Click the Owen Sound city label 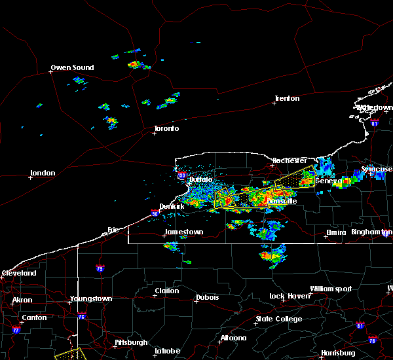click(72, 67)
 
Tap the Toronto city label click(166, 128)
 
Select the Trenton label click(287, 98)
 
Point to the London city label click(43, 173)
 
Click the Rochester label click(290, 160)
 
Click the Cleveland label click(18, 272)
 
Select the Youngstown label click(91, 298)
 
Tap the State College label click(279, 319)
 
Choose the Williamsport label click(331, 289)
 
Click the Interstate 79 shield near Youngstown click(100, 268)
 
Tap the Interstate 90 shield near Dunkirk click(155, 213)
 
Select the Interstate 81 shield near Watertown click(375, 122)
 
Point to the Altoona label click(233, 338)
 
